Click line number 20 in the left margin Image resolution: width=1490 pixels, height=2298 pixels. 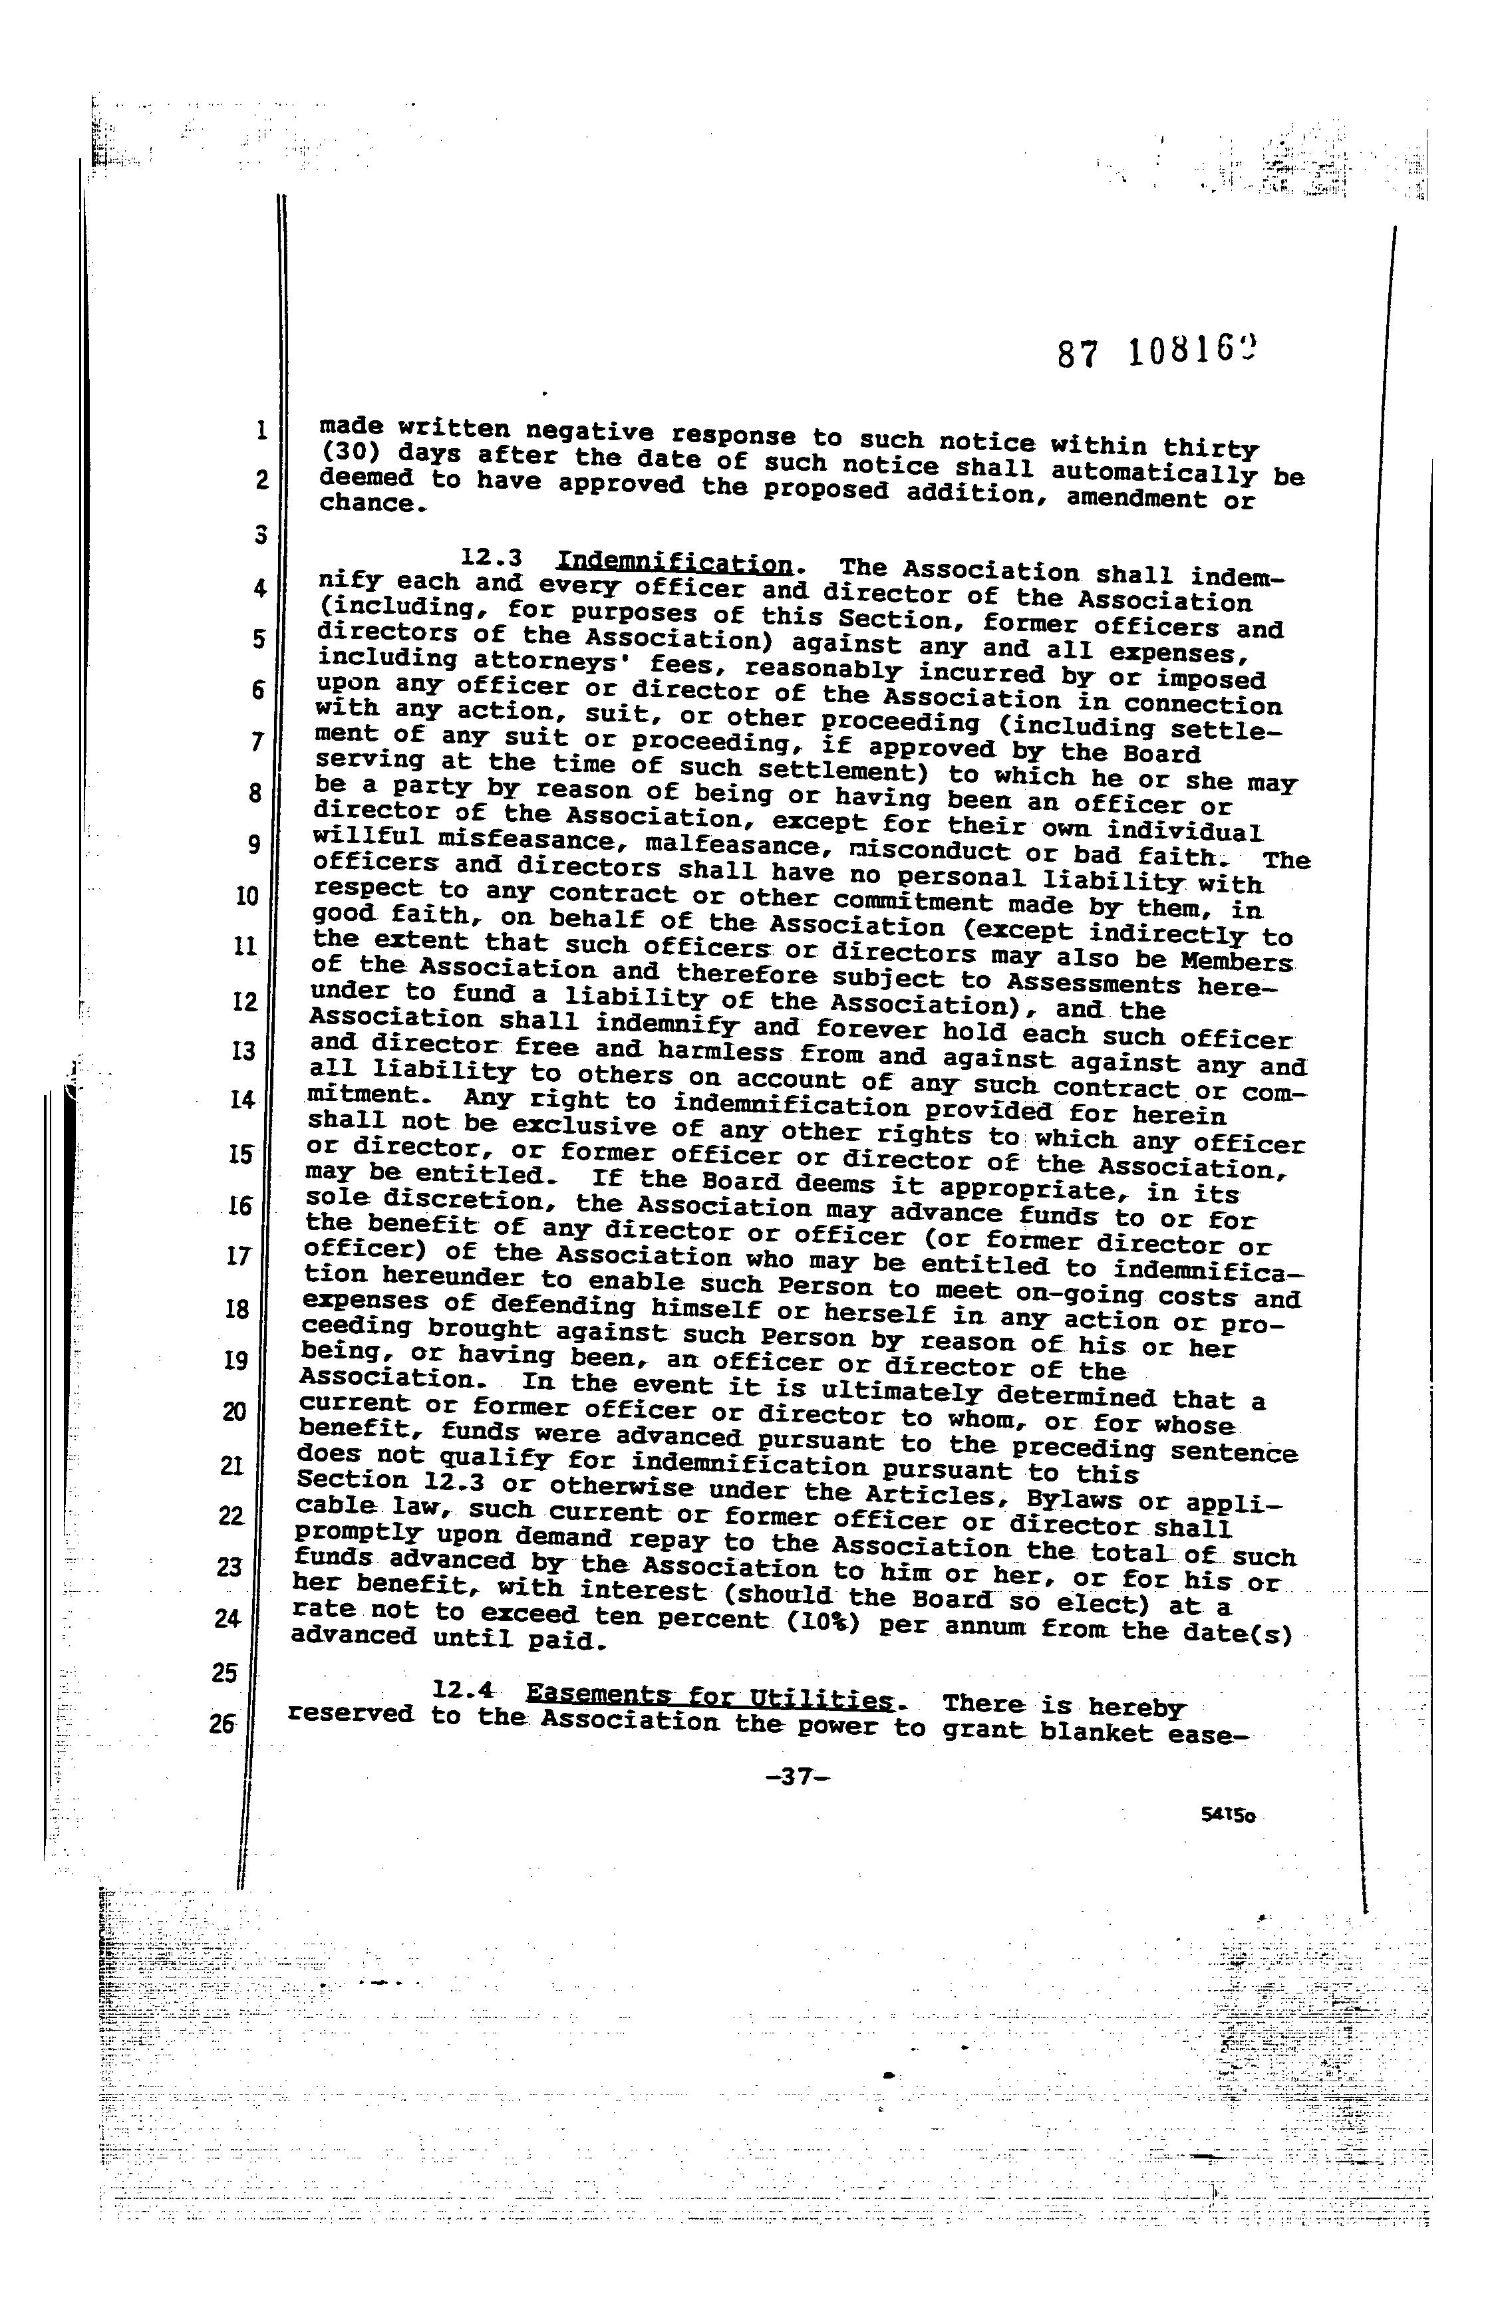233,1412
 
